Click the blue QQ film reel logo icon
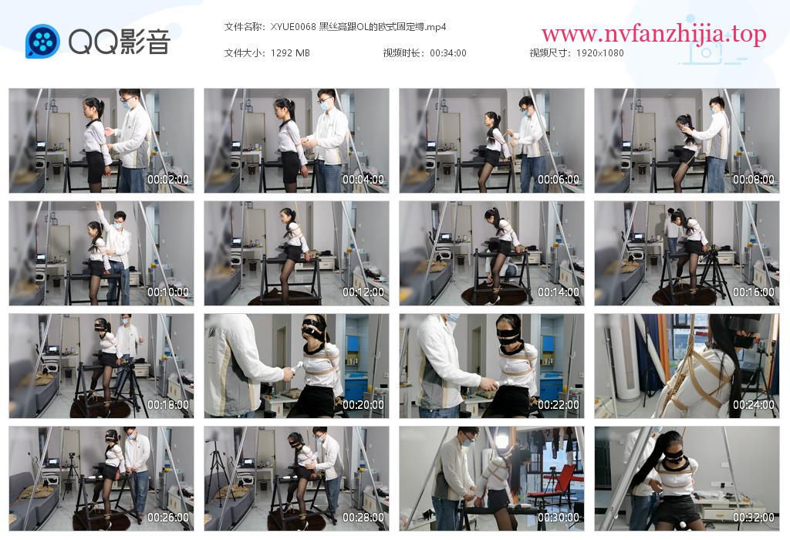(42, 42)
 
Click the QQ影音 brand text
(119, 42)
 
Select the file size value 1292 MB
(290, 53)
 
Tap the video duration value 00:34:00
(448, 53)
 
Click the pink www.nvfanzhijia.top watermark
(654, 34)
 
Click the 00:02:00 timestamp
(167, 179)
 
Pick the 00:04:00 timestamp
(363, 179)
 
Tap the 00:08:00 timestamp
(754, 179)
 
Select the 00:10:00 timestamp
(167, 292)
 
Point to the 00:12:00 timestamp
(363, 292)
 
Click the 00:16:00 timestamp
(754, 292)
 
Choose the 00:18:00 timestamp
(167, 404)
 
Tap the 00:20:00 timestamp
(363, 404)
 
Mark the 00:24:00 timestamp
(754, 404)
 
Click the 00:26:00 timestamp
(167, 518)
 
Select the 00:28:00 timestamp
(363, 518)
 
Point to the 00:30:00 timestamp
(559, 518)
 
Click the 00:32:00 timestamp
(754, 518)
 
